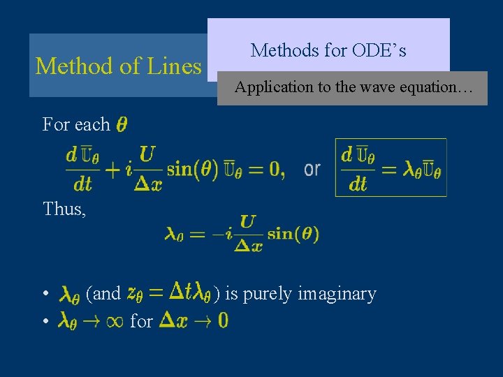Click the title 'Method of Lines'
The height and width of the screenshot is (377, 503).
pos(118,66)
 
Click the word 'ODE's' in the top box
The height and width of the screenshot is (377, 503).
pos(380,50)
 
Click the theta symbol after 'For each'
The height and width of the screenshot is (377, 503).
pos(122,125)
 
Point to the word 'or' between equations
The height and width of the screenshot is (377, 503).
pos(312,169)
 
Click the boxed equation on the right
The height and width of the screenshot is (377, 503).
pos(391,168)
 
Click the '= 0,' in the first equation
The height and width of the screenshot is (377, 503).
pos(266,168)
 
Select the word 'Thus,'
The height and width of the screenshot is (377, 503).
pos(64,209)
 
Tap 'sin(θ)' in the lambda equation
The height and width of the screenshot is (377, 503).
pos(293,234)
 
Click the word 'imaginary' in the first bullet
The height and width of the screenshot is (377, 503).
pos(337,294)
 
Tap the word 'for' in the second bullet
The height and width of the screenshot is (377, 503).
pos(141,321)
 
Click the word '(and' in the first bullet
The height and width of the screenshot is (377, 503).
pos(103,294)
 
